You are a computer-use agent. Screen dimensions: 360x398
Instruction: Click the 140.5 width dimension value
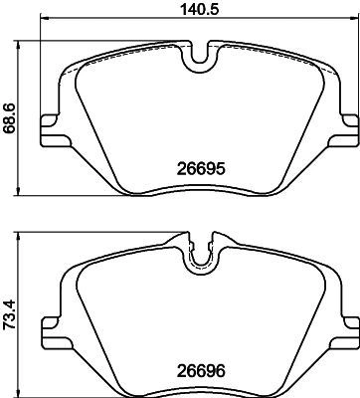pos(200,8)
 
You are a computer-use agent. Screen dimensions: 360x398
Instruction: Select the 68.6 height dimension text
pos(9,118)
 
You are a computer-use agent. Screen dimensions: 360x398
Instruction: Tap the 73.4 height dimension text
pos(9,314)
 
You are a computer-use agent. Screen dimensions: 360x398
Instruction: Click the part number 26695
pos(201,169)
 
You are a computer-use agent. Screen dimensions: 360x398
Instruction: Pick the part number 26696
pos(201,370)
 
